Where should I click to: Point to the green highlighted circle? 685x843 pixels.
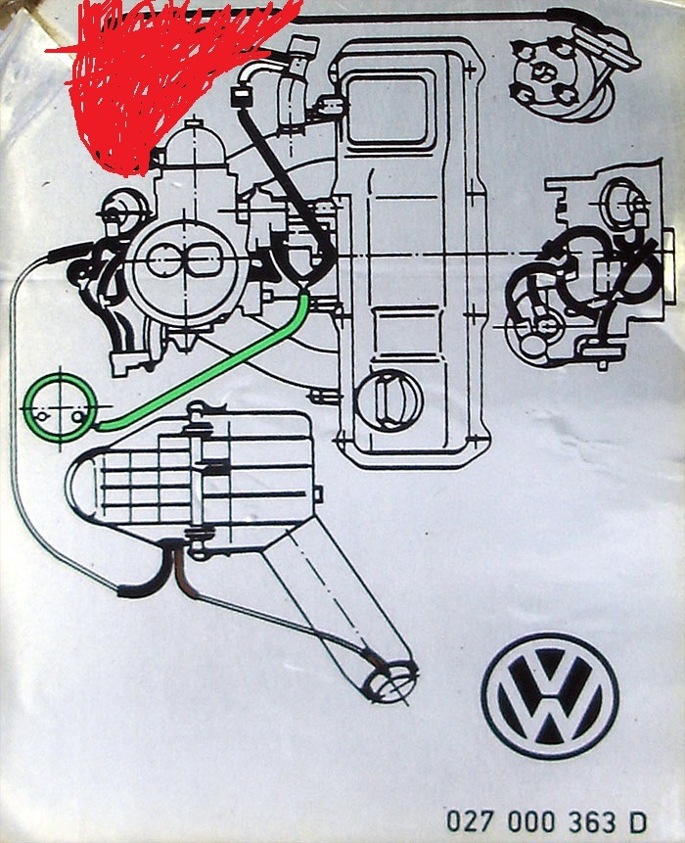60,406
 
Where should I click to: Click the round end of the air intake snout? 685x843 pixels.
385,679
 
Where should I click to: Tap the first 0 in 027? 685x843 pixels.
457,820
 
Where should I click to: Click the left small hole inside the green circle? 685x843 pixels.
42,415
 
